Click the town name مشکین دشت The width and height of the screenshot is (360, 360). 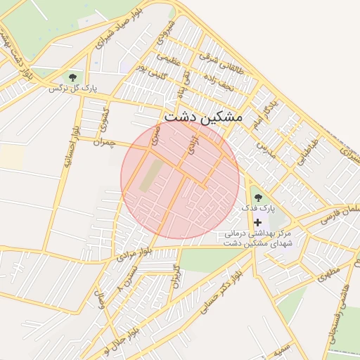(x=202, y=117)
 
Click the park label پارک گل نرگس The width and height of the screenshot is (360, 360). (x=72, y=89)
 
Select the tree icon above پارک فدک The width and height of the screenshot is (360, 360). (x=257, y=198)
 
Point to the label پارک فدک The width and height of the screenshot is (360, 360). (x=259, y=209)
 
